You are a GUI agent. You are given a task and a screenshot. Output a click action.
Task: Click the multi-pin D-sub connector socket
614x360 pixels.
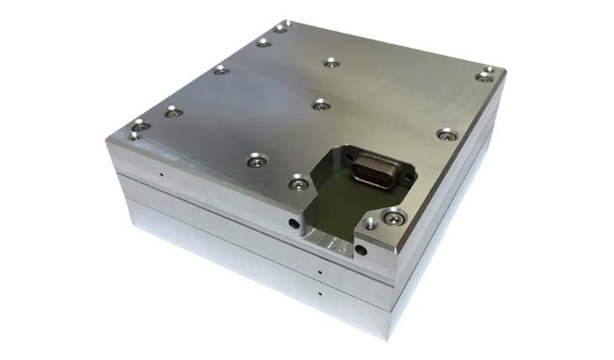[370, 173]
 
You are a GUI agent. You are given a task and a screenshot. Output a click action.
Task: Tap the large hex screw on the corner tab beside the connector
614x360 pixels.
[392, 217]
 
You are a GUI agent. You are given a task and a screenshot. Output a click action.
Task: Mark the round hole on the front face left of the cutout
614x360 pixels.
[293, 225]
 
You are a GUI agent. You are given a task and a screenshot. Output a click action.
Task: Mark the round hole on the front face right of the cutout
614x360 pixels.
[360, 250]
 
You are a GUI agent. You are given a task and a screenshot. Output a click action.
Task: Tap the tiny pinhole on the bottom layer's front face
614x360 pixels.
[320, 295]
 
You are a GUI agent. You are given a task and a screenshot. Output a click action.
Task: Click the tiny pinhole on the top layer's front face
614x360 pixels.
[161, 176]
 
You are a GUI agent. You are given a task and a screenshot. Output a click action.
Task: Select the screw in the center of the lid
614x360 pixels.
[320, 105]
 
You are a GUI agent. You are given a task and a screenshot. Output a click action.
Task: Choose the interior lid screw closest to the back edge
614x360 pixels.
[331, 62]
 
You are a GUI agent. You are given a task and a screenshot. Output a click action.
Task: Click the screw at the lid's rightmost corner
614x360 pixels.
[484, 75]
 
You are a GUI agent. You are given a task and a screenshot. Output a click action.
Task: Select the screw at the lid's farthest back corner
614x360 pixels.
[281, 28]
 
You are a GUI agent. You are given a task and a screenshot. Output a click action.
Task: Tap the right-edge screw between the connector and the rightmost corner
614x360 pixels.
[447, 134]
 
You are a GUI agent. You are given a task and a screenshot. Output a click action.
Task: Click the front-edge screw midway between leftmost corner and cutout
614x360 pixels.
[256, 160]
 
